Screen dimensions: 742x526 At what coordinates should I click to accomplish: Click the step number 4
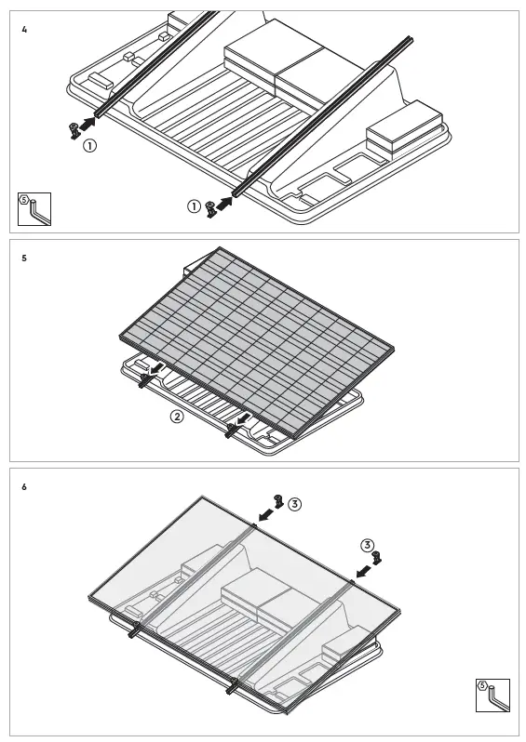coord(24,30)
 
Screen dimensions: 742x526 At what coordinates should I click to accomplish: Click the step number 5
coord(24,258)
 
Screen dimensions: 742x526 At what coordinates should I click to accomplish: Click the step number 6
coord(24,487)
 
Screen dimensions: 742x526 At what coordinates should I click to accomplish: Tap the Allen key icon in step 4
coord(35,209)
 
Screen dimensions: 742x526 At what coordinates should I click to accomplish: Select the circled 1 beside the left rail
coord(89,146)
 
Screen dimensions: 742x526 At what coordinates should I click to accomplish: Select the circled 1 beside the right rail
coord(194,206)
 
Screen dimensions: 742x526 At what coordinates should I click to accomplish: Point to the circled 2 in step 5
coord(177,416)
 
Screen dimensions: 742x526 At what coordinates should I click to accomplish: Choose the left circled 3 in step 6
coord(294,504)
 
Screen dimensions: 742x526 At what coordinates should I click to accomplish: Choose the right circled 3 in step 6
coord(368,544)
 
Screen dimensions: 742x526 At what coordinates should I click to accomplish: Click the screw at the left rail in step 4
coord(74,129)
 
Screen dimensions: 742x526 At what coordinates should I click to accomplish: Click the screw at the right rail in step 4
coord(211,208)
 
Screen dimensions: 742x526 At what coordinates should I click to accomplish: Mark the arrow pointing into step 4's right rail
coord(224,201)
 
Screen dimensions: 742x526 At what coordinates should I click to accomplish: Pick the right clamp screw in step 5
coord(230,429)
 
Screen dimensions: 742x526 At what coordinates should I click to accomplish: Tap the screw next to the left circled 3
coord(277,500)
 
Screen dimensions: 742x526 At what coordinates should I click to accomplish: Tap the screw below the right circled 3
coord(376,558)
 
